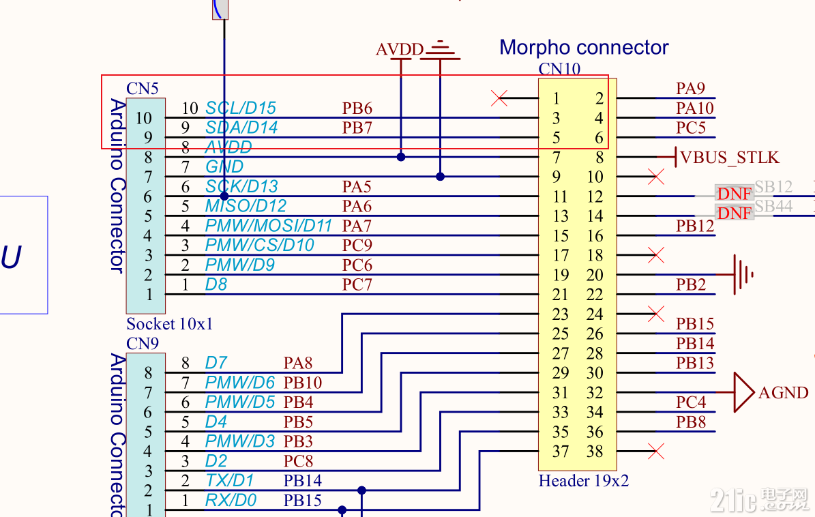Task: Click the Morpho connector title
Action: tap(584, 47)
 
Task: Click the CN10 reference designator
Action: tap(559, 69)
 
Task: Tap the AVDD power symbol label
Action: tap(400, 50)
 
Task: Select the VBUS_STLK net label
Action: tap(730, 158)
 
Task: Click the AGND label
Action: tap(783, 393)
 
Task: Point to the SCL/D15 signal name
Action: tap(241, 108)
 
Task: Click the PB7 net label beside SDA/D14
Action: tap(357, 128)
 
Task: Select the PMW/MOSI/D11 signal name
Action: tap(269, 226)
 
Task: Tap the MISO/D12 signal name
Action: tap(246, 206)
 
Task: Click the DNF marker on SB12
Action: tap(735, 193)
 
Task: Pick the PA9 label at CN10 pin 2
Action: tap(690, 89)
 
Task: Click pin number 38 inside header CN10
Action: tap(595, 452)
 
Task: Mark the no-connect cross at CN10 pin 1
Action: tap(499, 98)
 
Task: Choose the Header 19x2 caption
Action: tap(583, 481)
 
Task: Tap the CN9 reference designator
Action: tap(143, 343)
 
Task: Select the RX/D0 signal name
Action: tap(231, 501)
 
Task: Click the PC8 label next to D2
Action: tap(298, 461)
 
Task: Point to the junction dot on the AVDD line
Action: tap(401, 157)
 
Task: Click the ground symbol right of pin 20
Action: tap(743, 275)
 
